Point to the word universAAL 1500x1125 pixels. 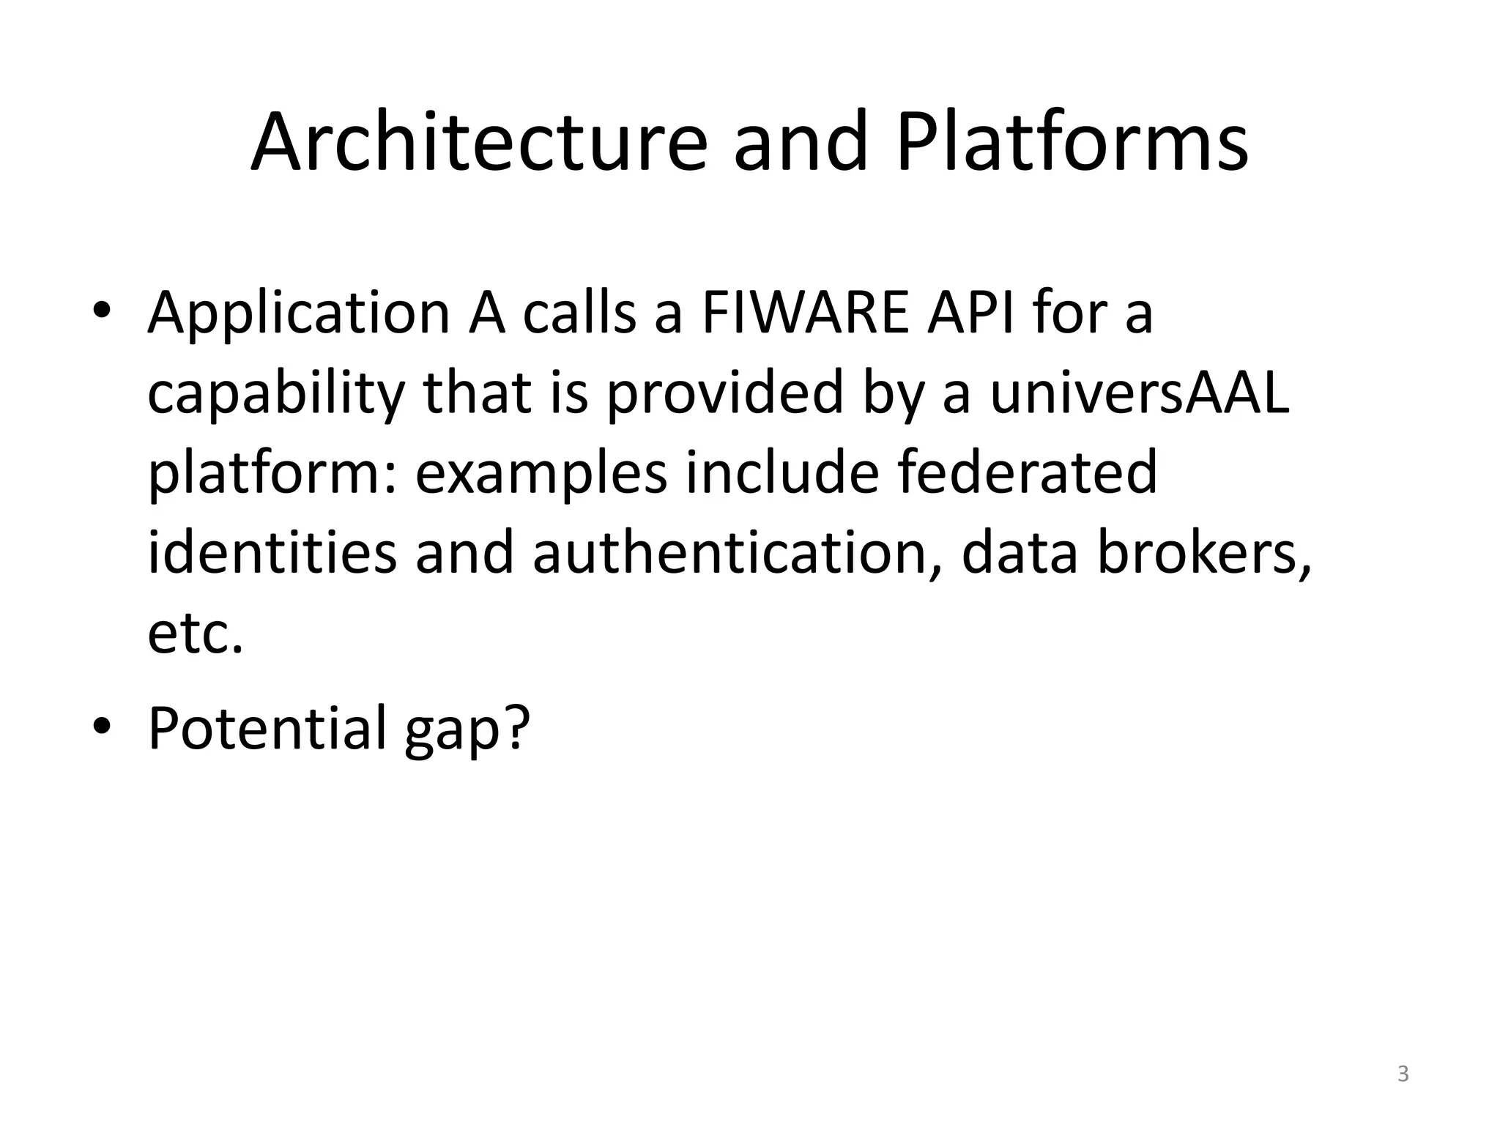tap(1139, 393)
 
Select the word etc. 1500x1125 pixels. tap(195, 634)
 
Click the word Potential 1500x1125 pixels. tap(267, 728)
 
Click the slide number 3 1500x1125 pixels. tap(1403, 1074)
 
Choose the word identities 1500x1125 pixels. tap(272, 554)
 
